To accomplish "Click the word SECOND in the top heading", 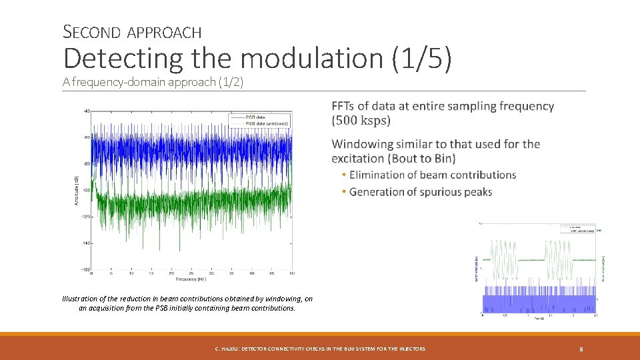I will click(91, 31).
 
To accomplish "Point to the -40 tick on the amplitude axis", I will click(86, 111).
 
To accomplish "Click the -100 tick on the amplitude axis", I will click(85, 190).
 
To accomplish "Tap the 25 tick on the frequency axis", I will click(192, 273).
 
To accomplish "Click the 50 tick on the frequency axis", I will click(293, 273).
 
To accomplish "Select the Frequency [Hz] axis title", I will click(192, 278).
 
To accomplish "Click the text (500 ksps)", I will click(361, 121).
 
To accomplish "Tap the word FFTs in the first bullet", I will click(345, 106).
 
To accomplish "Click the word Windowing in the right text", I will click(364, 144).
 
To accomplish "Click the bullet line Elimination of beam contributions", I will click(432, 175).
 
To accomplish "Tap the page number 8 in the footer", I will click(581, 349).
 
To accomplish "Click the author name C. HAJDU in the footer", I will click(227, 349).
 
